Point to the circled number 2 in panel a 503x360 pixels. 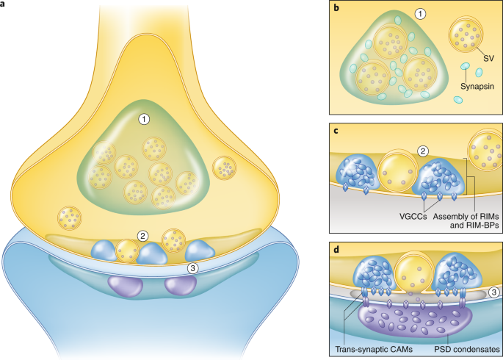tap(145, 237)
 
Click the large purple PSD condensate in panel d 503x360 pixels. tap(416, 317)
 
